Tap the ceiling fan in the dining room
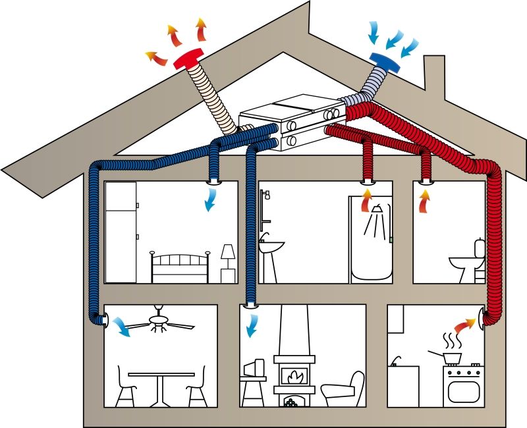159,321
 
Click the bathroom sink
271,247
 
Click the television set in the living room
254,367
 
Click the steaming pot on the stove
451,356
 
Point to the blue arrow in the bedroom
211,200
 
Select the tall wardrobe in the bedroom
121,232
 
